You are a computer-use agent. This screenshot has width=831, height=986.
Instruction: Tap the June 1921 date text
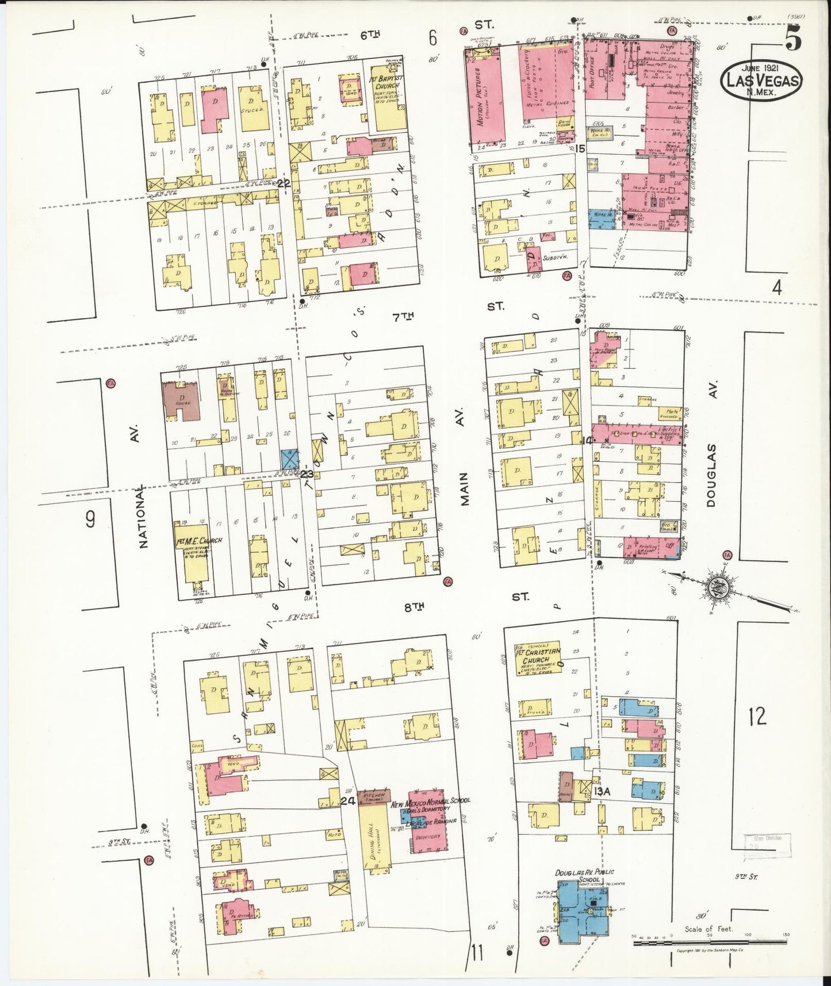tap(761, 65)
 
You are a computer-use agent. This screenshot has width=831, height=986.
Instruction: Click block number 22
tap(284, 184)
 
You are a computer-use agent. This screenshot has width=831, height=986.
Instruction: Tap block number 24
tap(347, 801)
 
